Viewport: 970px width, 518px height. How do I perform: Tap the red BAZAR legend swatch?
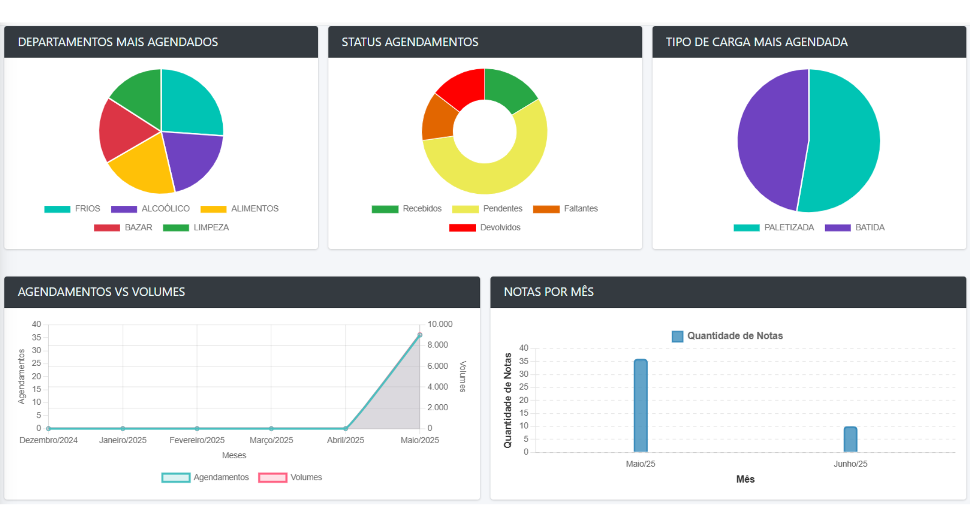107,228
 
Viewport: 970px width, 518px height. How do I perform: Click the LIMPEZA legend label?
211,228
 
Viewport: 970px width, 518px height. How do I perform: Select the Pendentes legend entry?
502,209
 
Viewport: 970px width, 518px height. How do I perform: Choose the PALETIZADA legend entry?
789,228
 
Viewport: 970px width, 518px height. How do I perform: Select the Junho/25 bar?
850,439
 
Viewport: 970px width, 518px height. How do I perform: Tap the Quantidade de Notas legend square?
677,336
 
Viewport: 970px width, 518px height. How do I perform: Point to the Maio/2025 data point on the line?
420,335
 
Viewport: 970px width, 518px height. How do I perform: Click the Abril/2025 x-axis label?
345,440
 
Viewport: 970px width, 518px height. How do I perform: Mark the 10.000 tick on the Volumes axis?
440,324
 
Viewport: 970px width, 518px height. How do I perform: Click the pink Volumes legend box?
272,478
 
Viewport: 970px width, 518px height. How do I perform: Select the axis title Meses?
234,455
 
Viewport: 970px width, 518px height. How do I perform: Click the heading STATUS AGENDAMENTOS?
410,42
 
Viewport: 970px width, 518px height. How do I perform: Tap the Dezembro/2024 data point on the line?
48,428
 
